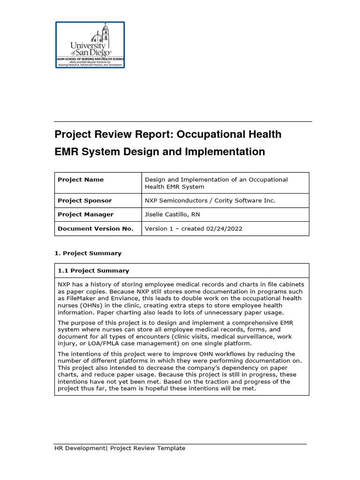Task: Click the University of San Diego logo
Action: [x=90, y=45]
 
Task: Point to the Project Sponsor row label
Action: [x=84, y=201]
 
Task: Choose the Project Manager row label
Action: [x=85, y=214]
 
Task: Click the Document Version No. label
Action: [x=95, y=229]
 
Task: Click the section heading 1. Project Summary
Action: [x=88, y=253]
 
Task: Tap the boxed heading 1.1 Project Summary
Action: [x=93, y=270]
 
